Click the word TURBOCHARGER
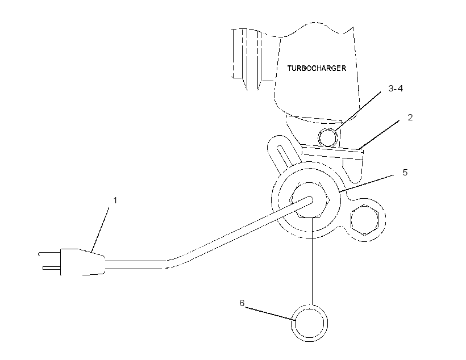coord(317,68)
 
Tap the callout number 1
coord(115,200)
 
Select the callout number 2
coord(410,118)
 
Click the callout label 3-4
coord(396,89)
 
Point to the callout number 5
coord(405,173)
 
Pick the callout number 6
coord(242,303)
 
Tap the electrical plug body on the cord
coord(82,262)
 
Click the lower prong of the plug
coord(52,268)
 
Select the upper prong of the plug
coord(49,253)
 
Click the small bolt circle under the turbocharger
coord(327,137)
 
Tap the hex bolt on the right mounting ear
coord(364,220)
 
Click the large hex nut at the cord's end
coord(310,200)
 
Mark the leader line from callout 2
coord(379,135)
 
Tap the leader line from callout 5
coord(367,183)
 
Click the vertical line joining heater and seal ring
coord(312,261)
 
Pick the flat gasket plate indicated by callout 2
coord(332,152)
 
